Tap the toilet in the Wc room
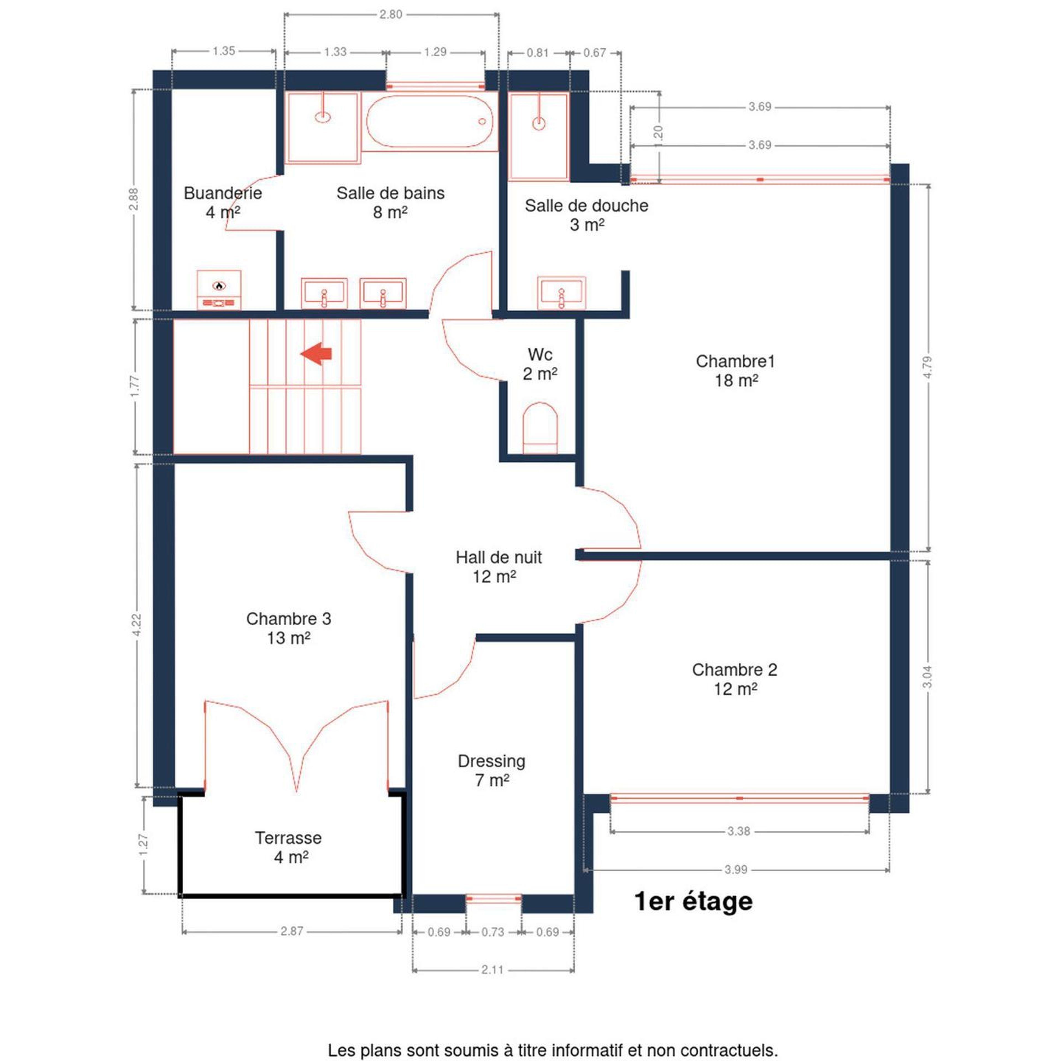(x=540, y=428)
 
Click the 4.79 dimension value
(x=928, y=367)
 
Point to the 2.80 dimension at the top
(x=391, y=14)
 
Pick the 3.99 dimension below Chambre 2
(x=736, y=869)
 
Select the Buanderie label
(x=223, y=193)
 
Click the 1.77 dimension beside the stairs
(x=135, y=386)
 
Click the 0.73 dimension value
(x=493, y=932)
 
